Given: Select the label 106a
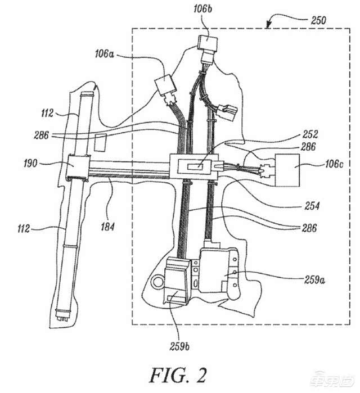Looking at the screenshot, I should tap(104, 55).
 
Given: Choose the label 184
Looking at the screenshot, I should tap(107, 227).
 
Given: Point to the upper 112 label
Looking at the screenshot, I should tap(47, 113).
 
